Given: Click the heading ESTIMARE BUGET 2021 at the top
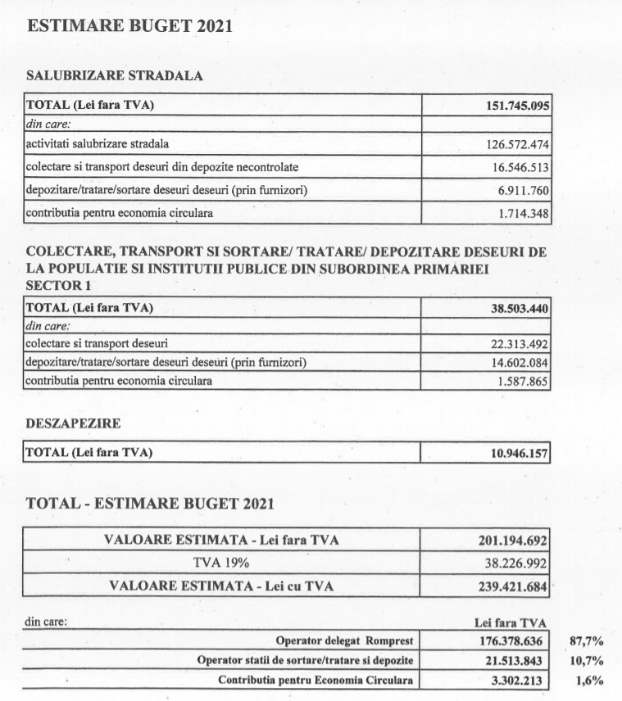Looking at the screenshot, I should [129, 25].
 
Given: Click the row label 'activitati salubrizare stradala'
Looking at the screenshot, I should [98, 144].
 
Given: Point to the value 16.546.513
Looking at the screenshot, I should [518, 169].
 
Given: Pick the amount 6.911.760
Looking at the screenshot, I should [522, 192].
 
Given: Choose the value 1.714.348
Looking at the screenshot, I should [522, 215].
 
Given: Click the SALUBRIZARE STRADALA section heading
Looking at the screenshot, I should [115, 75].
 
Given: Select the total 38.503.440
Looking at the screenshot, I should [515, 309].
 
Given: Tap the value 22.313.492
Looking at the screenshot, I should [514, 345].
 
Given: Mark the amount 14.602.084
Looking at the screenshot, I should [514, 364].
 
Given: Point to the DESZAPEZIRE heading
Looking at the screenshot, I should [73, 425].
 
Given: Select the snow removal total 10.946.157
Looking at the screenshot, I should [515, 453].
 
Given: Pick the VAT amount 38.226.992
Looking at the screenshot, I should [513, 563].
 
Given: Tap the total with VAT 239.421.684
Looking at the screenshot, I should [512, 586].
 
